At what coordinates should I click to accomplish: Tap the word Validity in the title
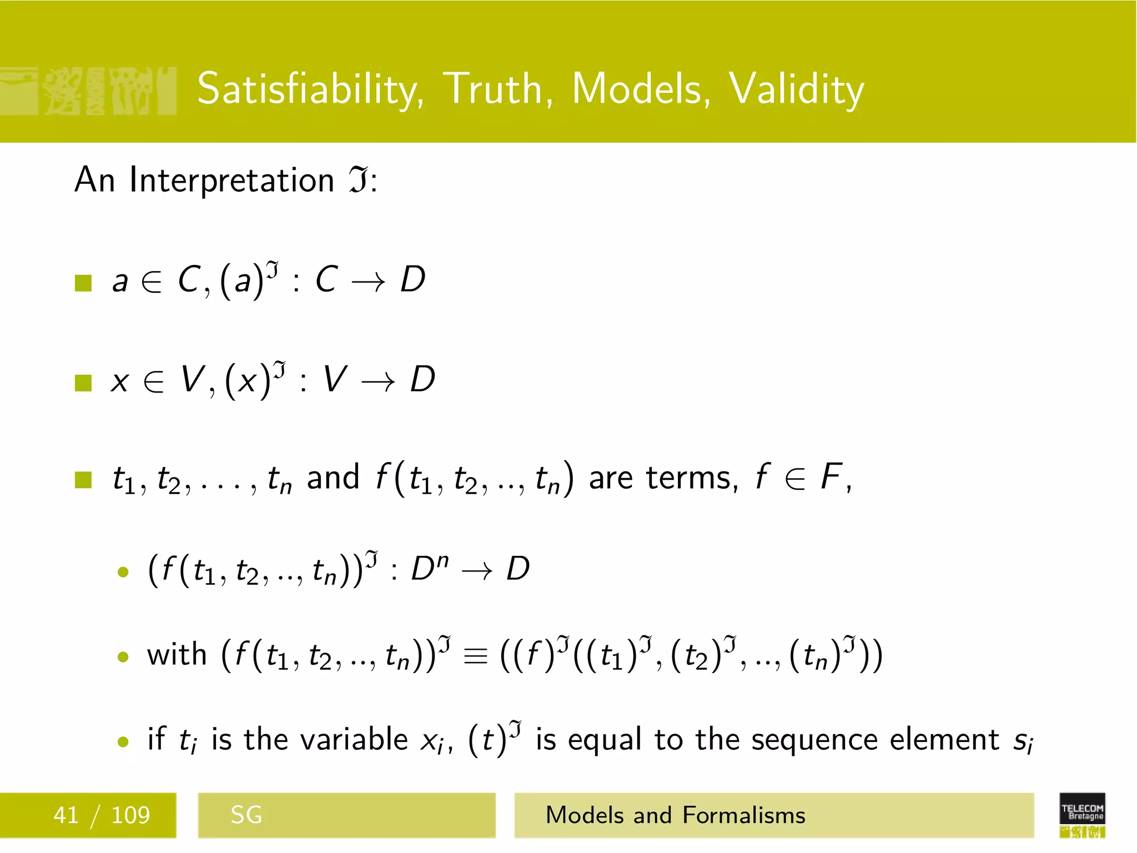pos(796,89)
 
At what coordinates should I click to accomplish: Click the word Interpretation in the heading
pos(232,180)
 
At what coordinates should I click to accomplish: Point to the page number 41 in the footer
pos(66,815)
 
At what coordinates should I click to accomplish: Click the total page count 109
pos(130,815)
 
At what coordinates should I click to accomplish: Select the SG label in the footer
pos(246,815)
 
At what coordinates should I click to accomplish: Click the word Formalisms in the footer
pos(743,815)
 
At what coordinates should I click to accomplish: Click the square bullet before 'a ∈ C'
pos(83,283)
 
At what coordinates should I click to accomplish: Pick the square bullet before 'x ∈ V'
pos(83,383)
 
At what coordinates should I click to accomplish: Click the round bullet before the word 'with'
pos(123,658)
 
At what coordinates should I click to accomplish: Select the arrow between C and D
pos(368,283)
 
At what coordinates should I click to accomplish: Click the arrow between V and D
pos(378,382)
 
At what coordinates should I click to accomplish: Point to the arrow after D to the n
pos(477,571)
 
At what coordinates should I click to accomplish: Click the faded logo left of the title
pos(89,91)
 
